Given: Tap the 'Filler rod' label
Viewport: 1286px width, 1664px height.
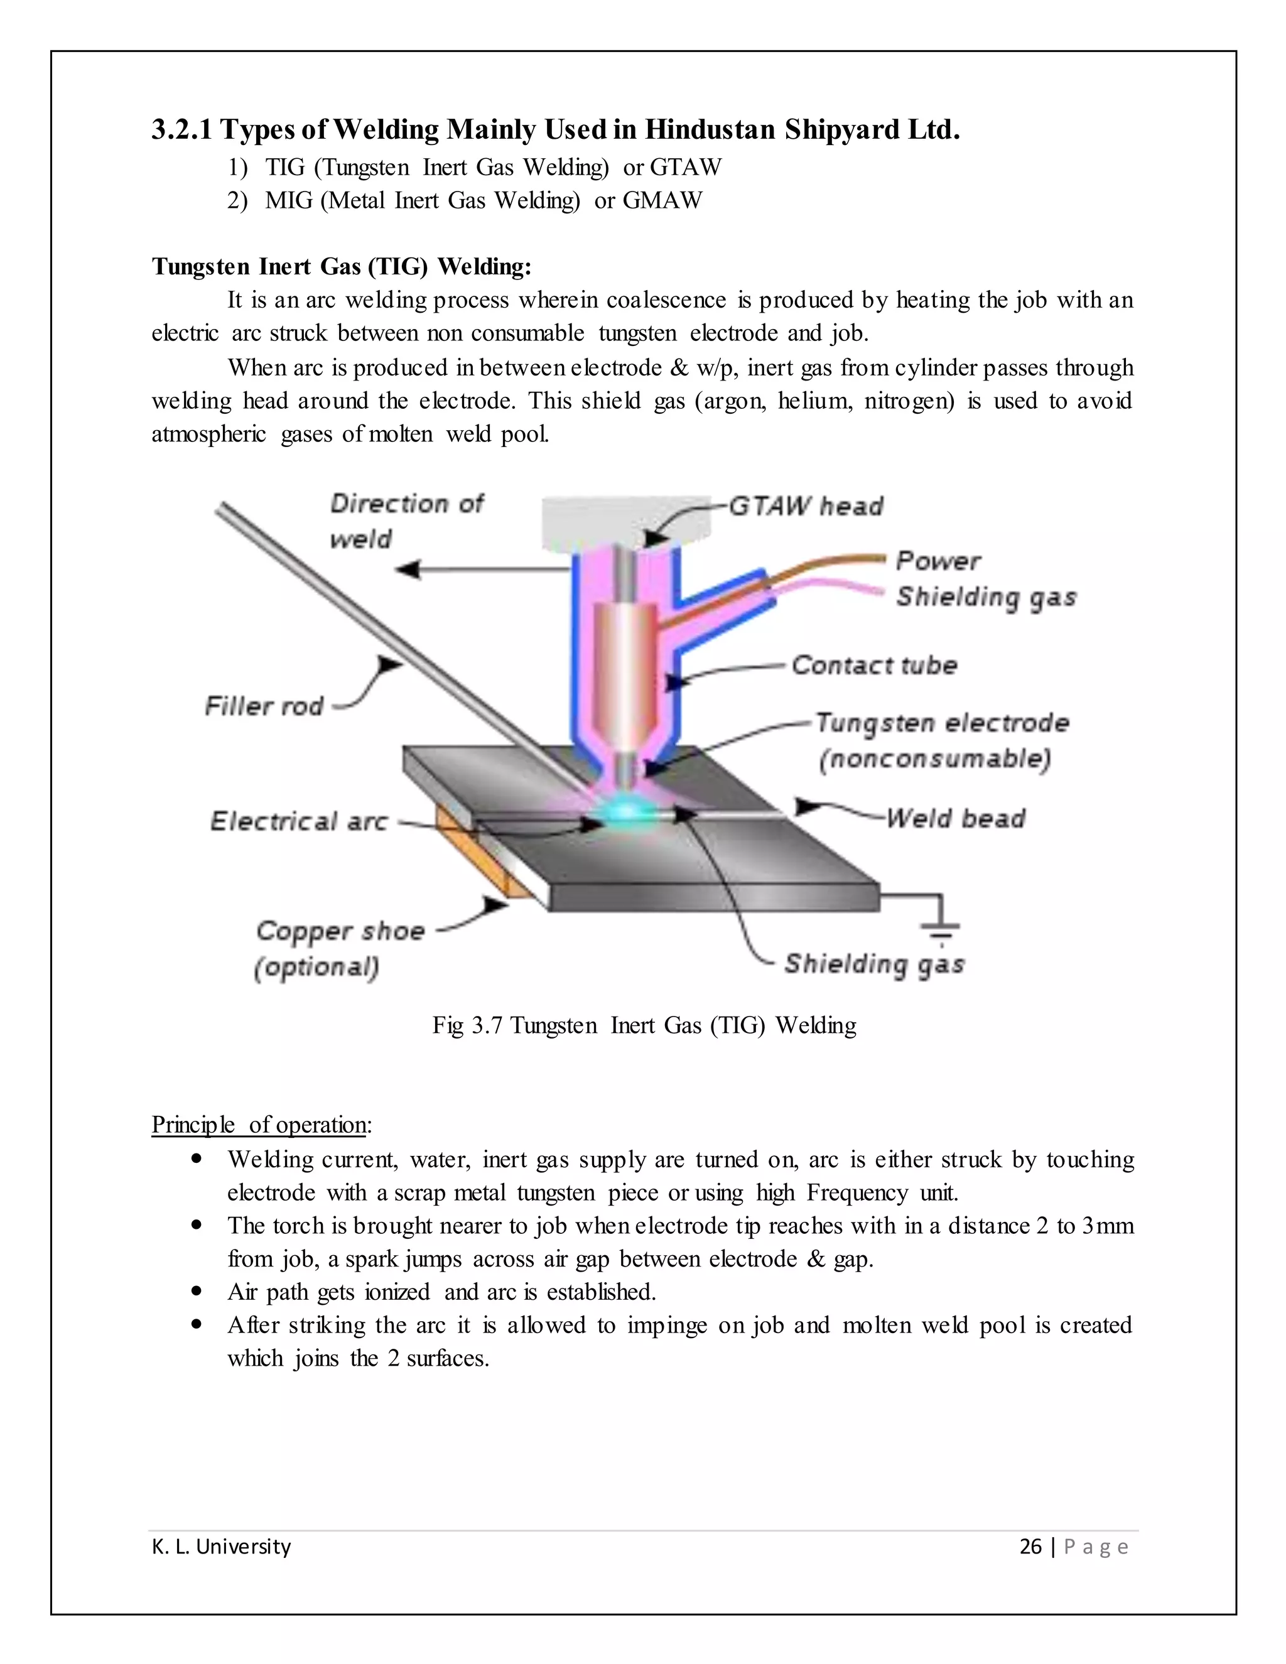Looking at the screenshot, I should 264,706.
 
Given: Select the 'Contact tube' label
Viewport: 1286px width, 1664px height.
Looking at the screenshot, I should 874,665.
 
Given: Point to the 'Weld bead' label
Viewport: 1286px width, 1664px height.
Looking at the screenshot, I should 955,818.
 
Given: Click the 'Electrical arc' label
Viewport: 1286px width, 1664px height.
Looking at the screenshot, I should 299,821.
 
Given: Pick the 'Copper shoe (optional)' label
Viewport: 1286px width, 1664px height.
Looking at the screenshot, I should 339,949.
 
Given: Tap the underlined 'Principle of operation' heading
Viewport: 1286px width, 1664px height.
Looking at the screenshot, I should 261,1125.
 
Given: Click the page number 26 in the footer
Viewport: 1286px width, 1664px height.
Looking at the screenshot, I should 1030,1546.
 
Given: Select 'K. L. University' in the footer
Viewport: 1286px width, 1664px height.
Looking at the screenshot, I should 221,1546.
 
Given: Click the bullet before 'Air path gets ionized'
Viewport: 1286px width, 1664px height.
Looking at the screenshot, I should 197,1292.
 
